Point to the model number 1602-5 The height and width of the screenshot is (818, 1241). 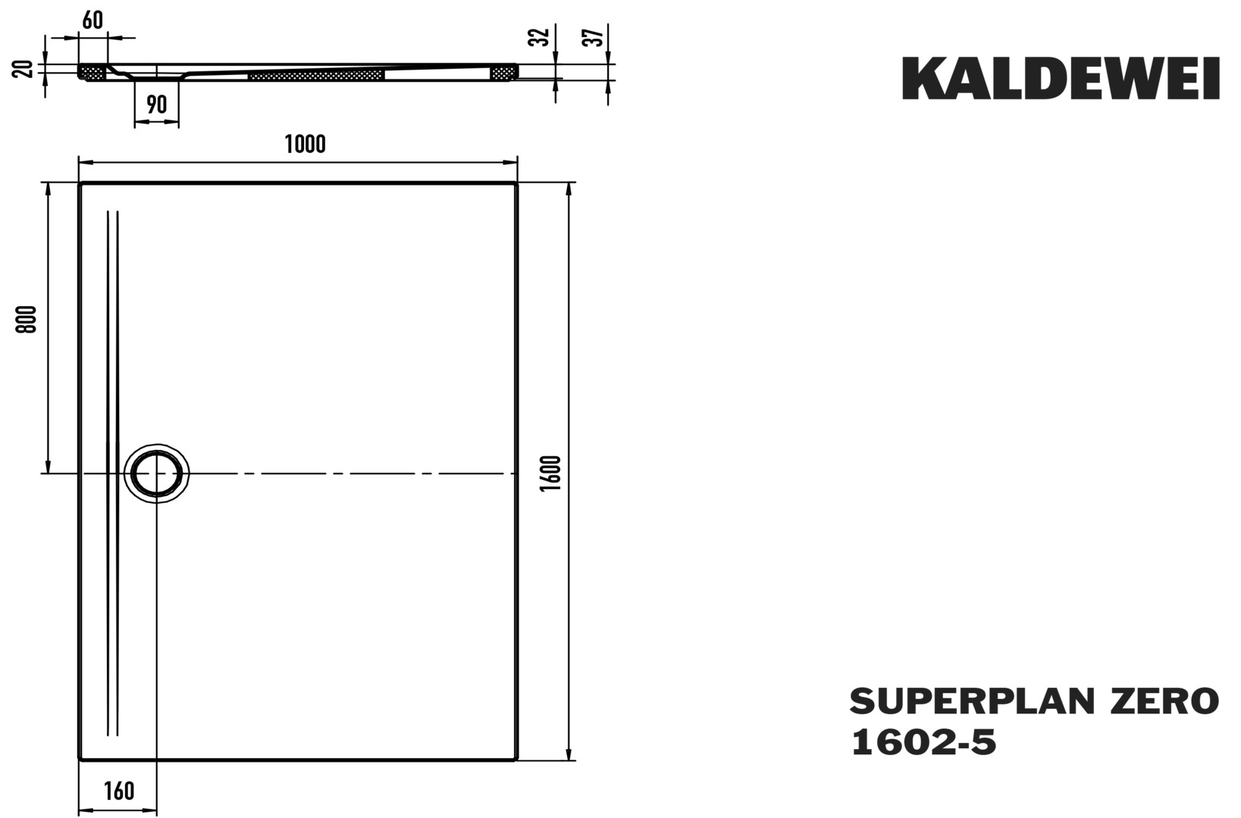923,742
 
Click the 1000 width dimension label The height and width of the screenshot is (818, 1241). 306,145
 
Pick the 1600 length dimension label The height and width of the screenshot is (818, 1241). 552,473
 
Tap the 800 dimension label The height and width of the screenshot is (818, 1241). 27,320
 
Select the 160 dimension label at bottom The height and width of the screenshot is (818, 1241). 119,791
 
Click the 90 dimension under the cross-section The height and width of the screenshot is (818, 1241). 157,105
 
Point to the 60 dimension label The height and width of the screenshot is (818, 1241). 92,20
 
